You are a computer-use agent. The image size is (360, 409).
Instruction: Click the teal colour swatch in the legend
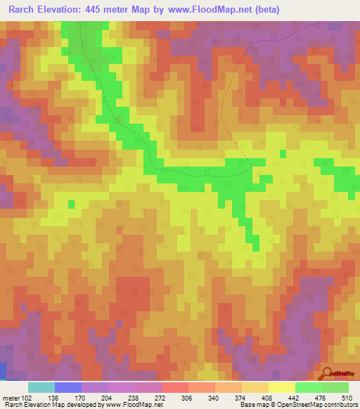[41, 387]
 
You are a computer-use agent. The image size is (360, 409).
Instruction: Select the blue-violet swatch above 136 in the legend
[68, 387]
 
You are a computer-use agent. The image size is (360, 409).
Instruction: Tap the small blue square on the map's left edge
[3, 370]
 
